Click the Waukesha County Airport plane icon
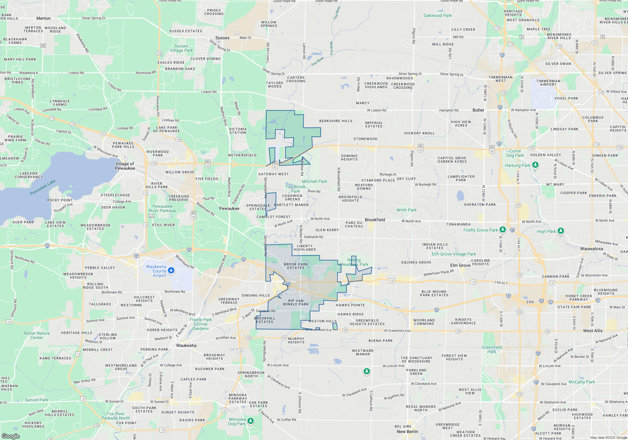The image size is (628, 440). click(171, 270)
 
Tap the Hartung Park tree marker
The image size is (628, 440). click(535, 165)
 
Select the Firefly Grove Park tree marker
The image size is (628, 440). click(502, 230)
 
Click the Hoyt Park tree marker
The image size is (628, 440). click(560, 231)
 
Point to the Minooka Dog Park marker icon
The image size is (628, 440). click(250, 421)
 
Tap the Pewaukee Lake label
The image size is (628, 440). click(43, 187)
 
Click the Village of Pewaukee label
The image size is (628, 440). click(125, 166)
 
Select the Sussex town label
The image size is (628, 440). click(222, 38)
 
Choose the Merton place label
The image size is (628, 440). click(43, 18)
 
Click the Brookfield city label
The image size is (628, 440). click(375, 220)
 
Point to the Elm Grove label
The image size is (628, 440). click(460, 265)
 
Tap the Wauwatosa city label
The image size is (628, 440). click(591, 249)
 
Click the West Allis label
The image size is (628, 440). click(593, 331)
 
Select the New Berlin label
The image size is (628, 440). click(407, 432)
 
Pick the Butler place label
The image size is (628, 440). click(478, 110)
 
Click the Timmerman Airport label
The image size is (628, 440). click(548, 83)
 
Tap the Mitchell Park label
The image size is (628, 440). click(314, 181)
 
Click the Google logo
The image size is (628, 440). click(11, 436)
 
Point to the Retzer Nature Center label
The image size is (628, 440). click(37, 335)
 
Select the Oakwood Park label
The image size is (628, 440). click(437, 15)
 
